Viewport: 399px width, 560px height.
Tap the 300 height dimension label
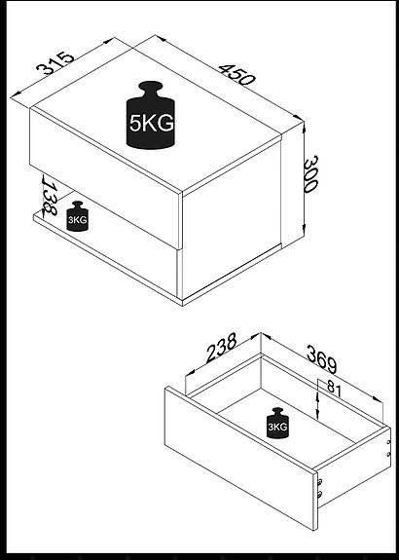pos(310,174)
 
